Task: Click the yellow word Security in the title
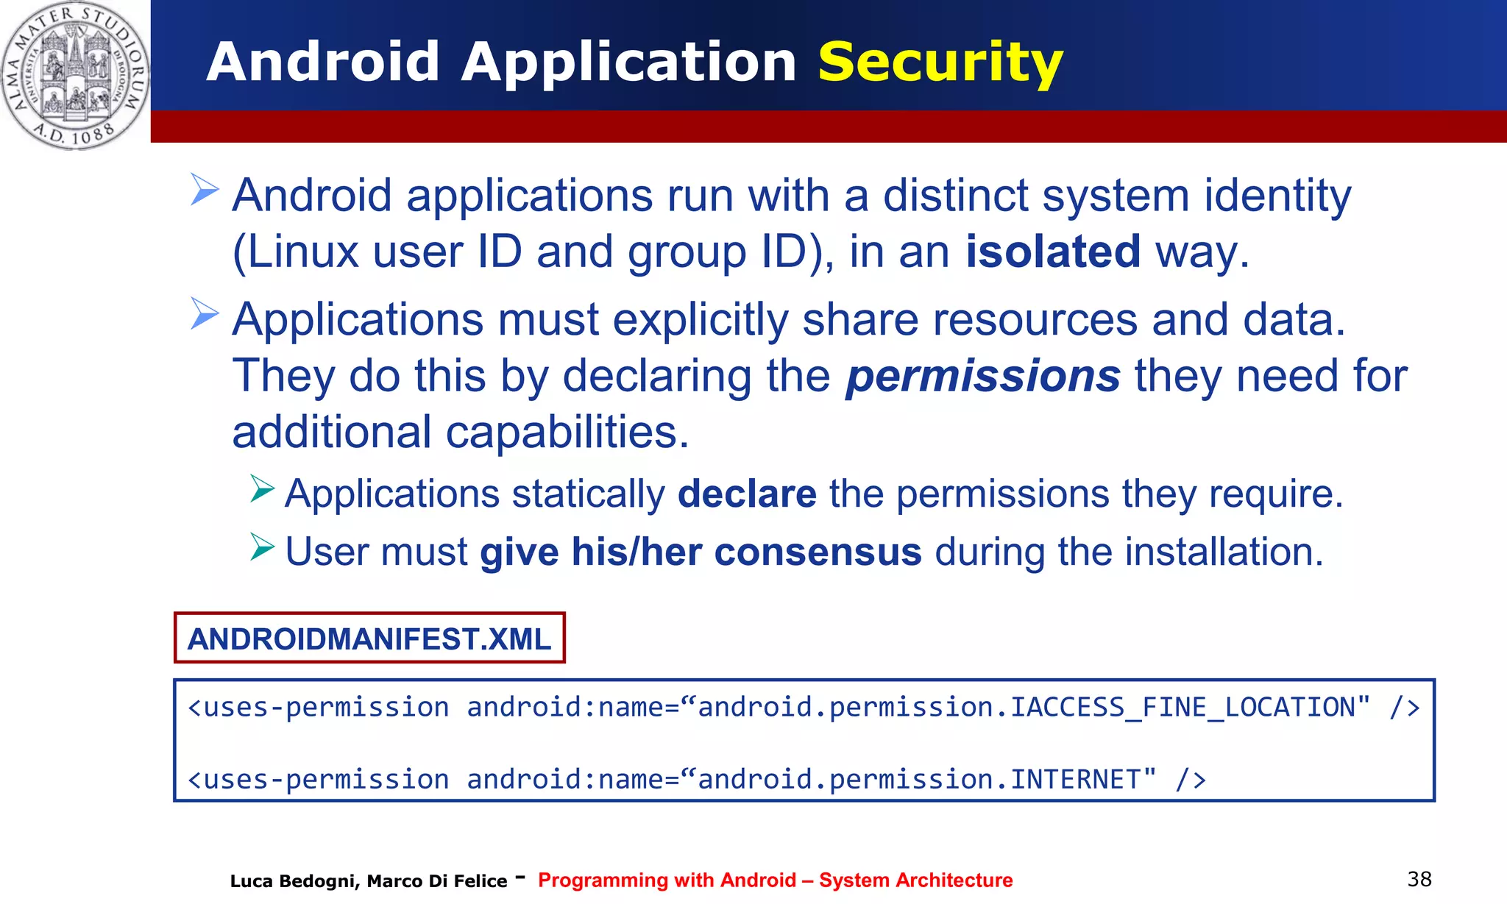click(x=940, y=63)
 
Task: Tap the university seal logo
click(x=74, y=74)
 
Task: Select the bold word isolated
click(x=1053, y=252)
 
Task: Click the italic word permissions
click(x=982, y=376)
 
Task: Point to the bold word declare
click(x=746, y=494)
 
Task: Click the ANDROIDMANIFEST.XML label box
click(x=369, y=638)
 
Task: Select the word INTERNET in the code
click(x=1075, y=780)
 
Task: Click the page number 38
click(x=1419, y=879)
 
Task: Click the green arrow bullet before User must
click(x=261, y=547)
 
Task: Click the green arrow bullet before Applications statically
click(x=261, y=488)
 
